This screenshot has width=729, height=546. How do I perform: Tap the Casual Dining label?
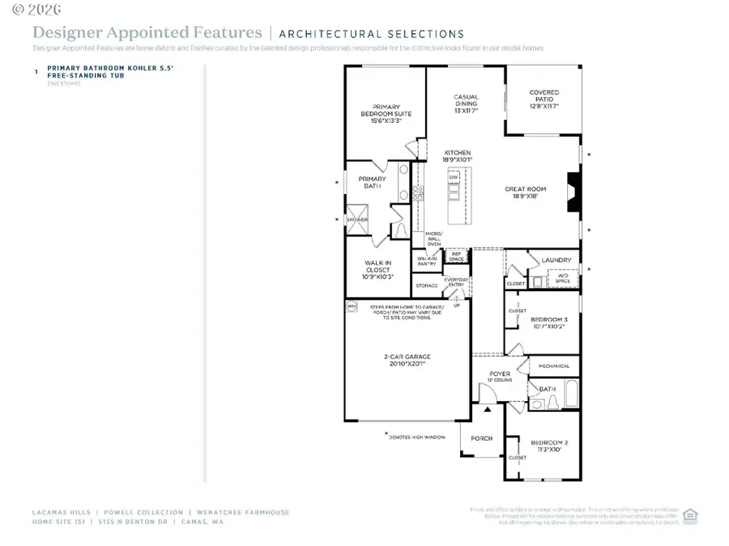coord(466,101)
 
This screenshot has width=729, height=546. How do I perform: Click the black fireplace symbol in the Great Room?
coord(573,193)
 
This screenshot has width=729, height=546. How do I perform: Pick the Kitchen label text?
coord(457,156)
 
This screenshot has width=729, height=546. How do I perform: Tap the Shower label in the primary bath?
coord(357,220)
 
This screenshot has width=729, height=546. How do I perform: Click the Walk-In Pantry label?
coord(427,261)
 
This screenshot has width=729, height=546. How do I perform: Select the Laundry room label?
coord(558,260)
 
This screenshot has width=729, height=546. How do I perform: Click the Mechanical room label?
coord(554,366)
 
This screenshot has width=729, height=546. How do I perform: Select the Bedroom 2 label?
coord(549,447)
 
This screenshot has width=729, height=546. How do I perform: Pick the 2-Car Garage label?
coord(407,360)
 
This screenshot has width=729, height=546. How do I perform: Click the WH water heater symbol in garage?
coord(352,307)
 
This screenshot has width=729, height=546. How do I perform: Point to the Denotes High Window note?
coord(418,435)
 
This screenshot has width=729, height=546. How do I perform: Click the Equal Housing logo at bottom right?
coord(690,515)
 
